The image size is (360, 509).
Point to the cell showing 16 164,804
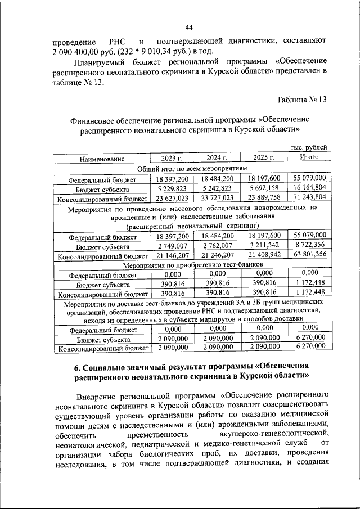pyautogui.click(x=309, y=189)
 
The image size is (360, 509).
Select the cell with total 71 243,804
pyautogui.click(x=309, y=198)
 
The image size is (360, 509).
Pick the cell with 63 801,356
pyautogui.click(x=309, y=256)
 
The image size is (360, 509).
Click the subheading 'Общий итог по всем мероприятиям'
pyautogui.click(x=192, y=169)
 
